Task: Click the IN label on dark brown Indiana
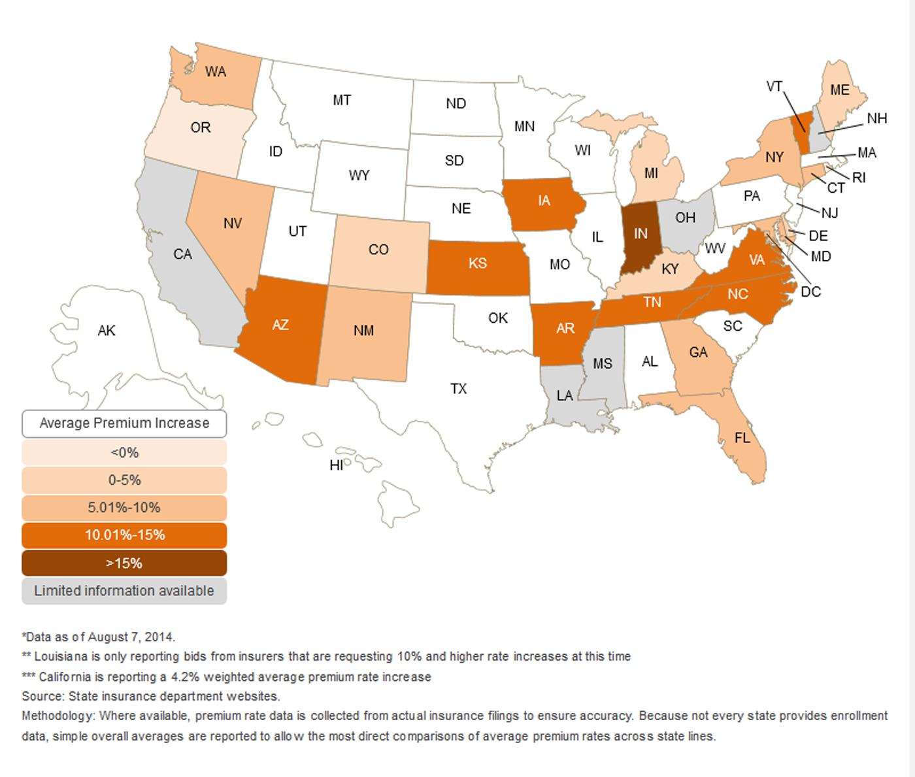[x=640, y=233]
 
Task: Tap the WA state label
[x=216, y=71]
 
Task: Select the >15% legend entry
[x=124, y=563]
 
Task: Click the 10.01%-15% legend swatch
[x=124, y=535]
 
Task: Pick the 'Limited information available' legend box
[x=124, y=591]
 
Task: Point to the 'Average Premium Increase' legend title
[x=124, y=423]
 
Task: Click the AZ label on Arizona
[x=280, y=325]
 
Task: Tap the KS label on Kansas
[x=478, y=263]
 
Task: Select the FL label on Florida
[x=742, y=437]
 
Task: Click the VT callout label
[x=774, y=86]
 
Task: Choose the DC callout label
[x=810, y=291]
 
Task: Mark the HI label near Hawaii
[x=336, y=465]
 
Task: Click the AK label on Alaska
[x=107, y=331]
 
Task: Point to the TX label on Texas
[x=459, y=389]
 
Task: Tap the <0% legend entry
[x=124, y=452]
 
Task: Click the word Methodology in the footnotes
[x=58, y=716]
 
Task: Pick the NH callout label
[x=876, y=118]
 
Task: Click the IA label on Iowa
[x=544, y=201]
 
